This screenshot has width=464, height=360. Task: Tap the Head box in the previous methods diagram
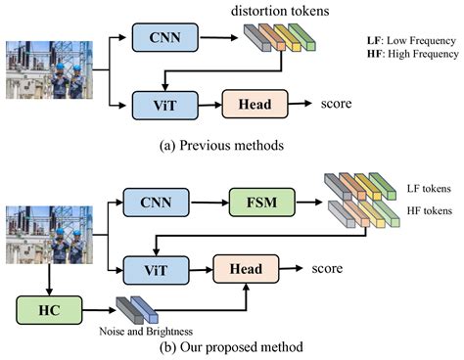(251, 103)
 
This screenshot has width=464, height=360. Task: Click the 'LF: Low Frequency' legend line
(411, 40)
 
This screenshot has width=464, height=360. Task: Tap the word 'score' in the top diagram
(338, 102)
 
